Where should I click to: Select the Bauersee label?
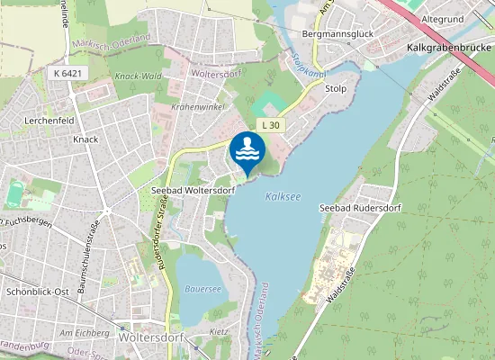202,290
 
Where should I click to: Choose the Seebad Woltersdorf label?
193,190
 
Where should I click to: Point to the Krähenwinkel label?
196,106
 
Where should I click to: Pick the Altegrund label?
441,19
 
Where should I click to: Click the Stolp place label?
336,89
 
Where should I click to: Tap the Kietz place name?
218,332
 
